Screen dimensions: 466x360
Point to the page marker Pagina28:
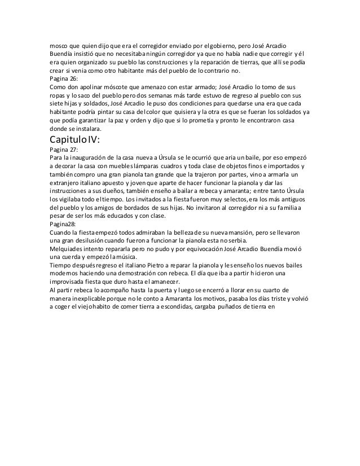pyautogui.click(x=64, y=223)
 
